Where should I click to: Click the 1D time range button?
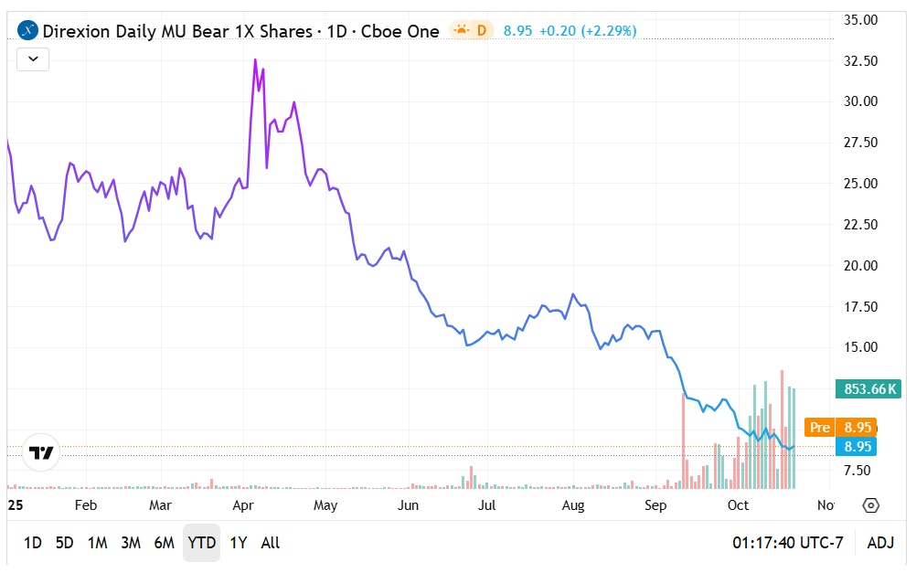[x=32, y=543]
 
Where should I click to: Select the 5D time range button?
[x=64, y=543]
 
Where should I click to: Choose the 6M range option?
[x=164, y=543]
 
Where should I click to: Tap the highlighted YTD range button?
[x=201, y=543]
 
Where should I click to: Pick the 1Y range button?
[x=239, y=543]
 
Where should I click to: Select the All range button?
[x=271, y=543]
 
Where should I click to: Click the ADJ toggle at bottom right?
[x=880, y=543]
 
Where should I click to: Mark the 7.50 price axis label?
[x=862, y=471]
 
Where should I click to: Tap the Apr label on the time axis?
[x=243, y=505]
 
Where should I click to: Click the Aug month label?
[x=573, y=505]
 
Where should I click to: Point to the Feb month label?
[x=86, y=505]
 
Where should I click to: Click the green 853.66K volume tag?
[x=868, y=389]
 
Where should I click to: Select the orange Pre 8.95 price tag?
[x=840, y=427]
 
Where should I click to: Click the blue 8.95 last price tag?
[x=857, y=447]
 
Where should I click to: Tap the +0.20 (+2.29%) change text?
[x=588, y=31]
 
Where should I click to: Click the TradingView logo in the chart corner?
[x=41, y=452]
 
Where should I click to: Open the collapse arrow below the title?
[x=33, y=59]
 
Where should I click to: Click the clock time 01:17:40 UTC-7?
[x=787, y=543]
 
